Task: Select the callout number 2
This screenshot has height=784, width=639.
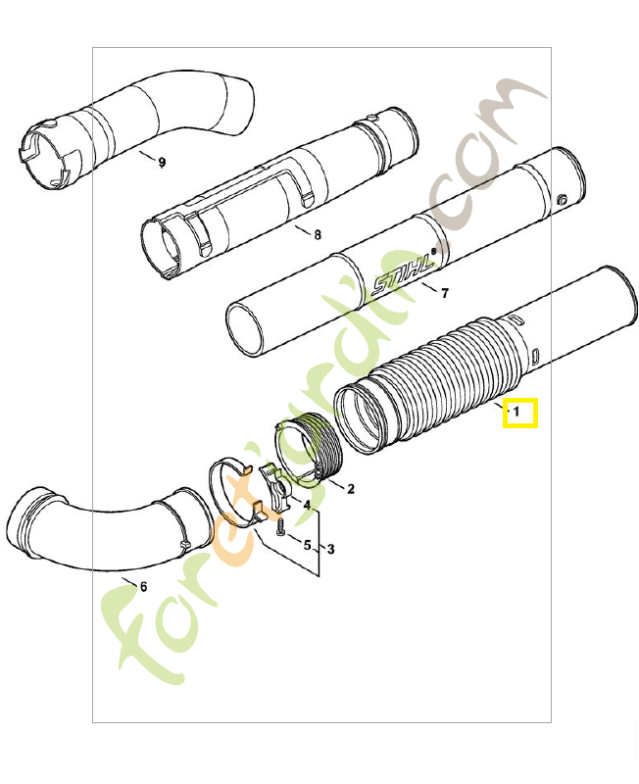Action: pos(351,488)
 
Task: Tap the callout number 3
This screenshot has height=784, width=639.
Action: pos(330,550)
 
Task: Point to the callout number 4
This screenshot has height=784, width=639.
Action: pos(307,506)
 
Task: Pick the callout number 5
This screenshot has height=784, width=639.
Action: pos(307,545)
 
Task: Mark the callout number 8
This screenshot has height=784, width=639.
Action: pos(317,234)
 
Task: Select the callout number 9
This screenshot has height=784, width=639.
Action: pos(162,162)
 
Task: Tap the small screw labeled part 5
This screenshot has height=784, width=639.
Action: pos(278,529)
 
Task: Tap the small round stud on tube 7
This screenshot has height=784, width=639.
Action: pos(562,201)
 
